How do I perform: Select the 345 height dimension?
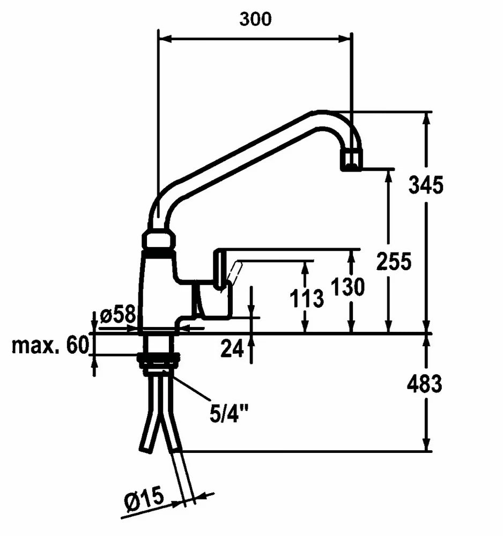click(x=426, y=185)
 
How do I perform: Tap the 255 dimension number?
click(x=394, y=262)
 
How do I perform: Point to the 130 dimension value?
click(x=348, y=287)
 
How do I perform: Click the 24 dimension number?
click(x=232, y=349)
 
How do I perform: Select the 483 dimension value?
click(x=424, y=384)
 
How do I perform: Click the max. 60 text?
click(x=49, y=346)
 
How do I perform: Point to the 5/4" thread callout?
click(x=229, y=413)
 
